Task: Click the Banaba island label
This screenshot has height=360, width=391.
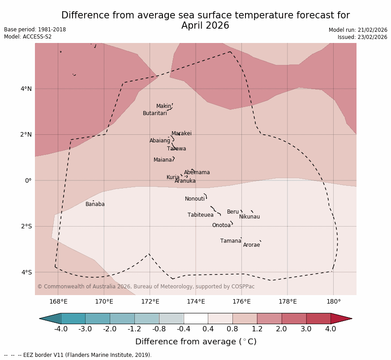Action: point(95,204)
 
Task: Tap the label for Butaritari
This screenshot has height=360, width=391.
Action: point(155,113)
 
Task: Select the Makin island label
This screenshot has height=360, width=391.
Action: point(163,106)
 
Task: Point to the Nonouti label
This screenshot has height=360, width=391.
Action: point(195,199)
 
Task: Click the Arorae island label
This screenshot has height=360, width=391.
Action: point(251,245)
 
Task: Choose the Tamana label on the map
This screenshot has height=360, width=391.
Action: point(231,241)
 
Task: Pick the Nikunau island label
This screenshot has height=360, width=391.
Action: point(249,217)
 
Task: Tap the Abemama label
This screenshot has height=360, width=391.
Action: point(197,172)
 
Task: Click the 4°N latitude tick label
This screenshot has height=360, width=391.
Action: point(26,89)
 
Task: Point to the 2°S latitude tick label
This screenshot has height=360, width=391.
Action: point(26,226)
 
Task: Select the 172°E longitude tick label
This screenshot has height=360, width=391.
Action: point(150,301)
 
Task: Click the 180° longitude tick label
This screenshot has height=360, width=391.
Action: point(333,301)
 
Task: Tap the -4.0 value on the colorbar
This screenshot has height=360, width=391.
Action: point(61,329)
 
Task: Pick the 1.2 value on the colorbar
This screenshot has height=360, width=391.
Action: point(257,329)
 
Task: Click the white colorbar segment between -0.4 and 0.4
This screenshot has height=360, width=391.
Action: point(196,318)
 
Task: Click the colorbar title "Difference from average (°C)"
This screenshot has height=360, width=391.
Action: point(196,342)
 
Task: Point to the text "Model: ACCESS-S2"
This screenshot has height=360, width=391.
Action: point(28,37)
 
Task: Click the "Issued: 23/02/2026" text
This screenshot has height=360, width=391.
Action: point(362,37)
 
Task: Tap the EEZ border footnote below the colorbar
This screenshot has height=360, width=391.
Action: point(78,355)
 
